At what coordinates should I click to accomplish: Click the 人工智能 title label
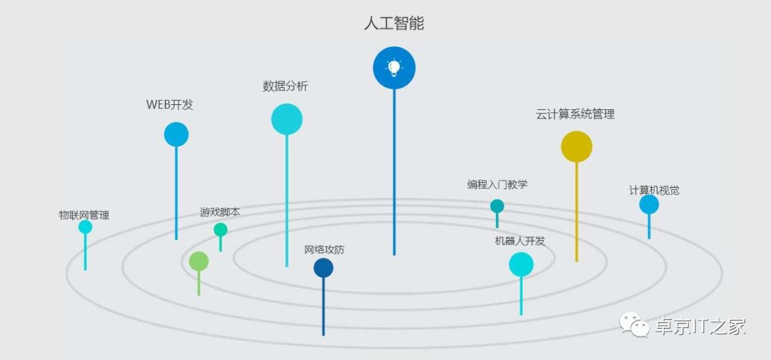[x=393, y=24]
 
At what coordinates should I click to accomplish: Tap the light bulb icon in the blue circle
[x=394, y=68]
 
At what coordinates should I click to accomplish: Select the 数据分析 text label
[x=286, y=86]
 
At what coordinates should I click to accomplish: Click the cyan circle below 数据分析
[x=287, y=119]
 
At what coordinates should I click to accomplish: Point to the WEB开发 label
[x=170, y=104]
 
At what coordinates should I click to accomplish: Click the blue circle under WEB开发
[x=176, y=134]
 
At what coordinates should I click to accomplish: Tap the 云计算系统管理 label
[x=575, y=114]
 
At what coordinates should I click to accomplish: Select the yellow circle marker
[x=577, y=146]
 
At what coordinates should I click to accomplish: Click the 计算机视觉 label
[x=654, y=190]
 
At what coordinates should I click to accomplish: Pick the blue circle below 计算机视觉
[x=649, y=205]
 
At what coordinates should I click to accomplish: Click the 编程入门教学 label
[x=498, y=184]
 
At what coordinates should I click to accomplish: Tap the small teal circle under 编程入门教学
[x=497, y=206]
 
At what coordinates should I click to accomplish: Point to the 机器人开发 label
[x=520, y=241]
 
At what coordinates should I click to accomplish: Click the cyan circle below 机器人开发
[x=521, y=264]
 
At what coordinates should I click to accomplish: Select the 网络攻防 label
[x=324, y=250]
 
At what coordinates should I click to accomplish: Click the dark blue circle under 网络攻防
[x=323, y=268]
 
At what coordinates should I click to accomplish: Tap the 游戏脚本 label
[x=220, y=212]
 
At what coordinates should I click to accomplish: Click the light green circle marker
[x=198, y=261]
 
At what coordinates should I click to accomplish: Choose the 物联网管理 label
[x=84, y=214]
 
